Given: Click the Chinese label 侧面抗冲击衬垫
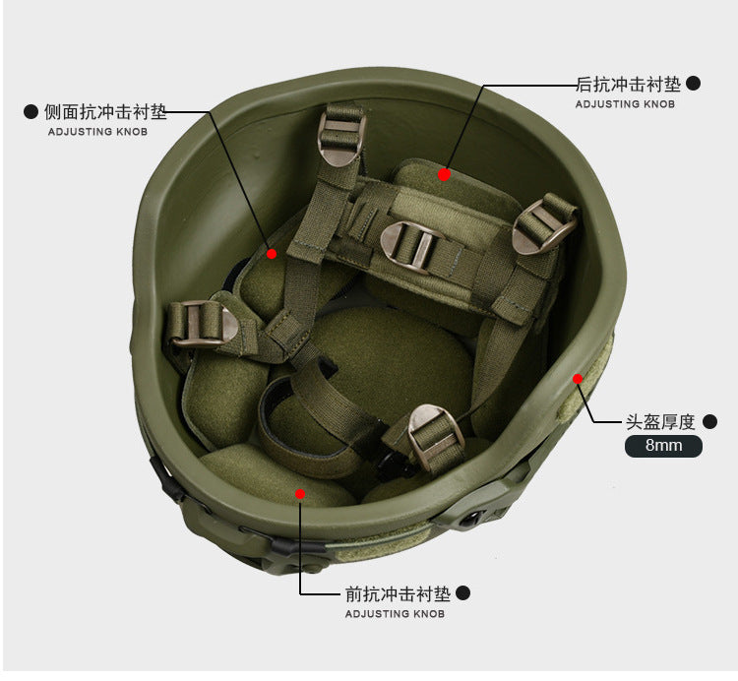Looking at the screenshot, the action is click(x=105, y=112).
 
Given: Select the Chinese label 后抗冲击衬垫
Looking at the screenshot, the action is click(x=629, y=85).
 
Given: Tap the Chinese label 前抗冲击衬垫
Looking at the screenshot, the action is click(x=399, y=594).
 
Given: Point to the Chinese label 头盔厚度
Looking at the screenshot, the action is click(x=660, y=422).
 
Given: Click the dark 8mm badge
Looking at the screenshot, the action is click(x=663, y=446).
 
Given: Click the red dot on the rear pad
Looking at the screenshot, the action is click(x=444, y=174).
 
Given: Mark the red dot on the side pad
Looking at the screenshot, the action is click(x=272, y=254).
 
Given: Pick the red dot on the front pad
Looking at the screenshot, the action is click(x=300, y=494).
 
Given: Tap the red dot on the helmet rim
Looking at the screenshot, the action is click(x=578, y=379).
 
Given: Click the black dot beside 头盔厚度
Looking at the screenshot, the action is click(x=709, y=421).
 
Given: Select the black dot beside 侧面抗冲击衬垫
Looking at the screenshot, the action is click(x=31, y=112).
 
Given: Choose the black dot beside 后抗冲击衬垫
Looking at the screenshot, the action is click(x=694, y=84).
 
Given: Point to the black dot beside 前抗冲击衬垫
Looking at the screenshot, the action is click(x=463, y=593).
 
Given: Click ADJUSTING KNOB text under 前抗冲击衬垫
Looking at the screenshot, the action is click(x=395, y=614).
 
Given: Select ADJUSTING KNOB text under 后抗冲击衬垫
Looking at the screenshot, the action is click(x=626, y=104).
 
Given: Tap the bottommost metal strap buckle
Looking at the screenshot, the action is click(x=436, y=435).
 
